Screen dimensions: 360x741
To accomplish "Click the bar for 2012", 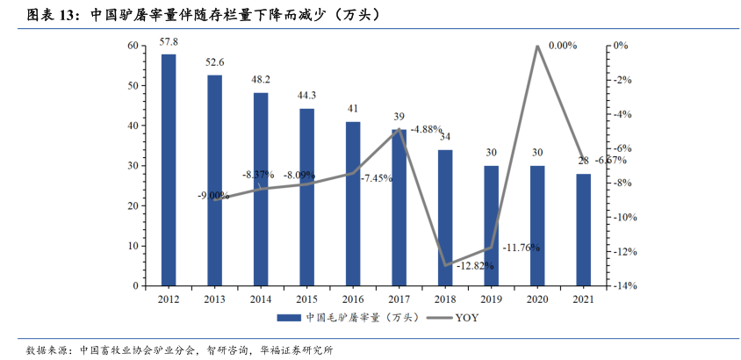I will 169,169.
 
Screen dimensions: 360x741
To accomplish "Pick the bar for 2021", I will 583,229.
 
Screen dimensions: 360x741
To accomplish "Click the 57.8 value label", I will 169,41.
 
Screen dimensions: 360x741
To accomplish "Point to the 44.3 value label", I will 306,95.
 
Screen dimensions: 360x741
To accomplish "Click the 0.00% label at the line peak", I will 563,45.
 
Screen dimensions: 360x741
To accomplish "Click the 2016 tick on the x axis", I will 353,299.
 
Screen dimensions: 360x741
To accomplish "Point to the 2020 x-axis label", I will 537,299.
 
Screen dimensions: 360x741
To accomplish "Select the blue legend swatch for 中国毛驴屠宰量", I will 288,317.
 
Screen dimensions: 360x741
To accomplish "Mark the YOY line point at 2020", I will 537,47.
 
